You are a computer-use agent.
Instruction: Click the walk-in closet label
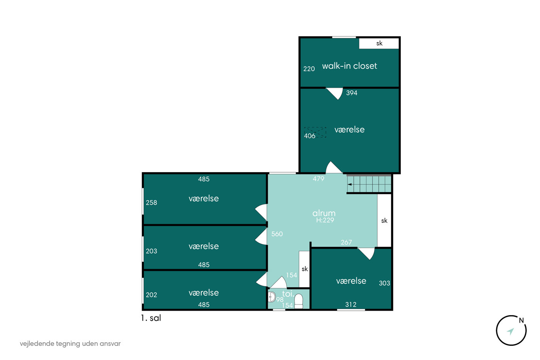(x=349, y=66)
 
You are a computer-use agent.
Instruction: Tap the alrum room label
(x=324, y=213)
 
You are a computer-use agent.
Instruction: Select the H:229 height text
(x=325, y=220)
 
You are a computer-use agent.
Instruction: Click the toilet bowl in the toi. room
(x=299, y=301)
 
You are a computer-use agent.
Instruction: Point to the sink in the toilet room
(x=272, y=297)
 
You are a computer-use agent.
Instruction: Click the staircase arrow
(x=349, y=184)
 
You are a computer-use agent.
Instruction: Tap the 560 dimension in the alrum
(x=277, y=234)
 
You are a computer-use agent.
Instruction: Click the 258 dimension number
(x=151, y=203)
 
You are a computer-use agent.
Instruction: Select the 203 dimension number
(x=151, y=251)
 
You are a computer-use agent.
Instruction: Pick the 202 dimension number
(x=151, y=295)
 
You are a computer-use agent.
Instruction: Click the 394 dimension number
(x=352, y=93)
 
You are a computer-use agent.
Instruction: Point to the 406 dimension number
(x=309, y=136)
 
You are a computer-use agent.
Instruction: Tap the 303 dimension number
(x=385, y=283)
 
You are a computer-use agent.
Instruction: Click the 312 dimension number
(x=351, y=304)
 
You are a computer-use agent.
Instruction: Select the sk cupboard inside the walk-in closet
(x=379, y=43)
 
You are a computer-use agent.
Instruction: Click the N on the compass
(x=521, y=321)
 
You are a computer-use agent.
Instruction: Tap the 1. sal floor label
(x=151, y=318)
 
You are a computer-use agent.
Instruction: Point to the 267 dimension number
(x=346, y=242)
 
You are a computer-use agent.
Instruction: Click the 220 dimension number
(x=309, y=69)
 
